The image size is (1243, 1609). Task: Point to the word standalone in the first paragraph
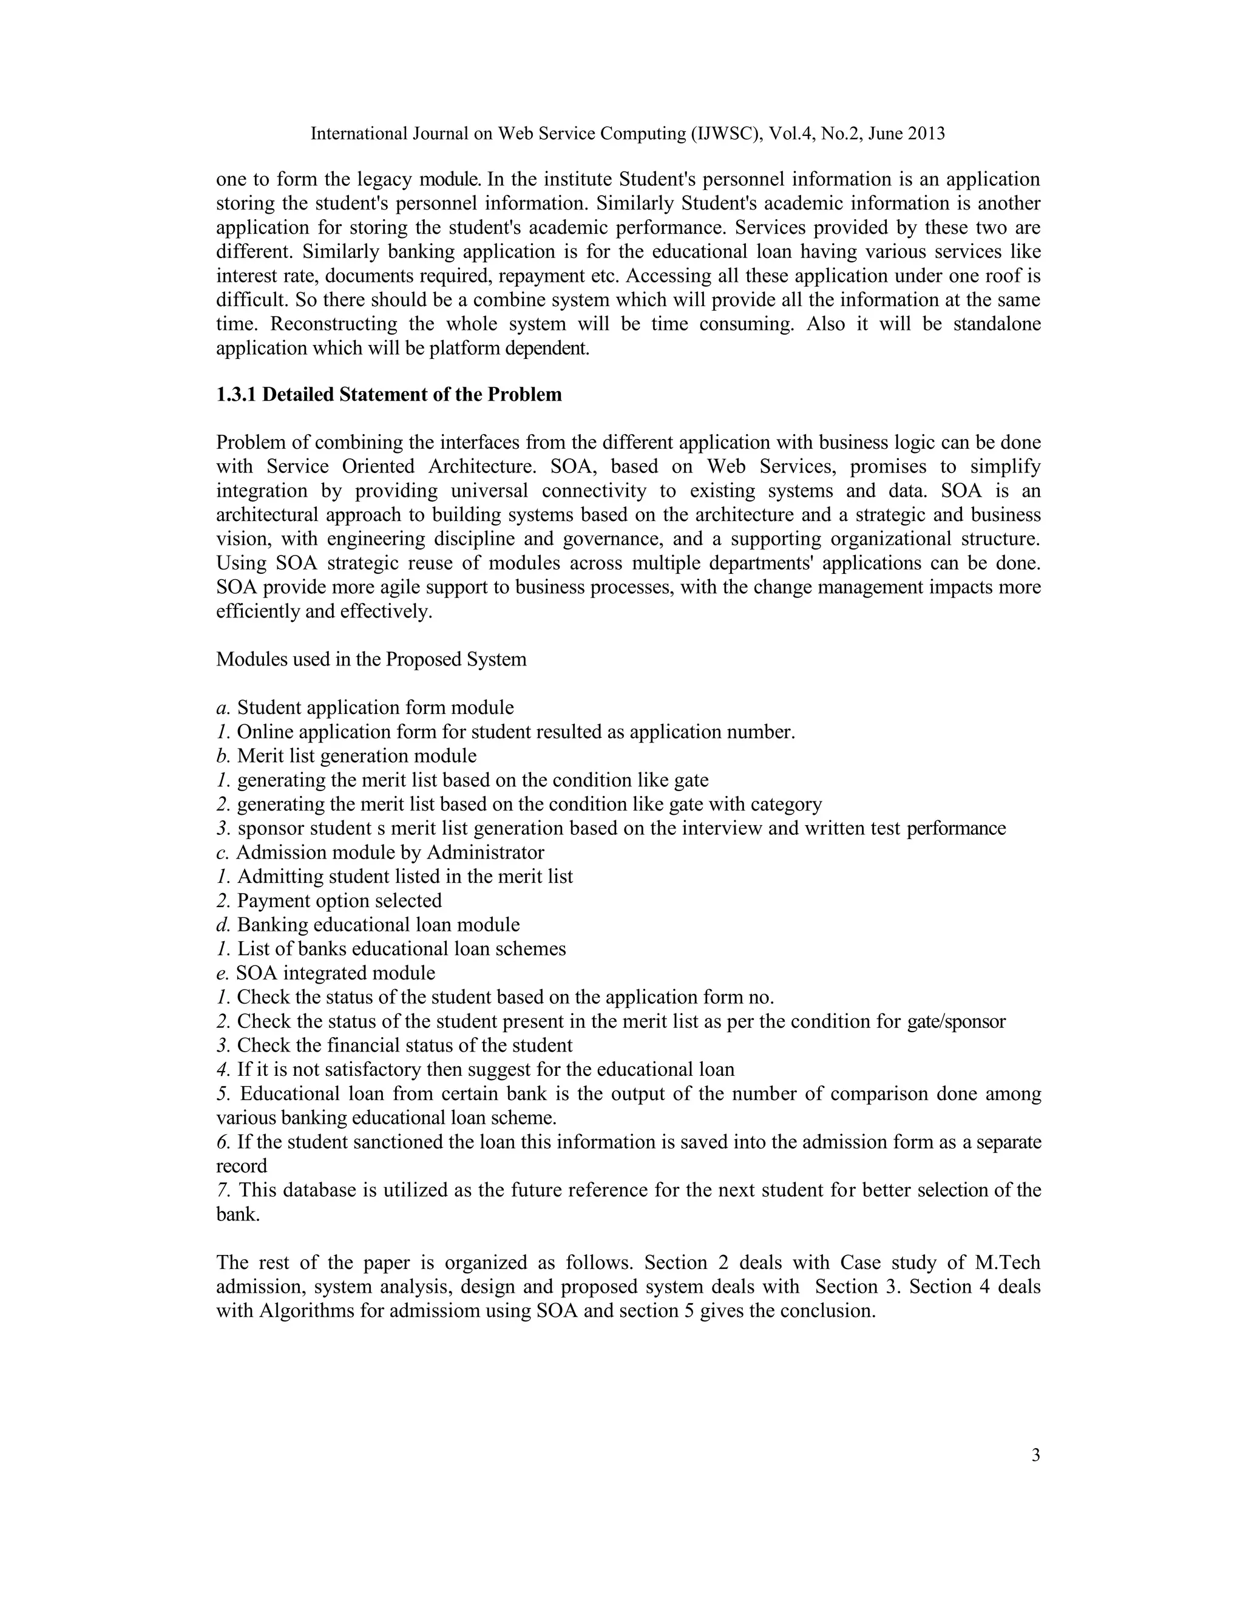tap(997, 324)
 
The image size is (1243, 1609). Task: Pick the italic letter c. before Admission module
tap(222, 852)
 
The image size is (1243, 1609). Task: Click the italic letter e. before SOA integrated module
tap(222, 973)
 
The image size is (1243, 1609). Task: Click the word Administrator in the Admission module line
tap(486, 852)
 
